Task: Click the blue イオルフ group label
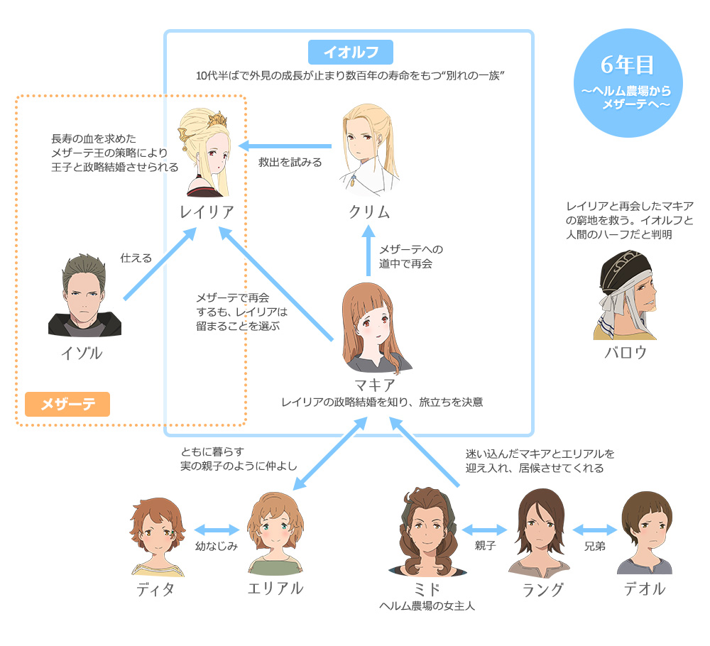click(350, 52)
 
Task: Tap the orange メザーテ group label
click(67, 404)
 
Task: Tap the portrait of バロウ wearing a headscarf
click(625, 295)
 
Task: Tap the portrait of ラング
click(540, 532)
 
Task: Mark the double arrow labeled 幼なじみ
click(217, 530)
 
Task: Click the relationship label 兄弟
click(594, 546)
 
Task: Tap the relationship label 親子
click(484, 546)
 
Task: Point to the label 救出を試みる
click(290, 162)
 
